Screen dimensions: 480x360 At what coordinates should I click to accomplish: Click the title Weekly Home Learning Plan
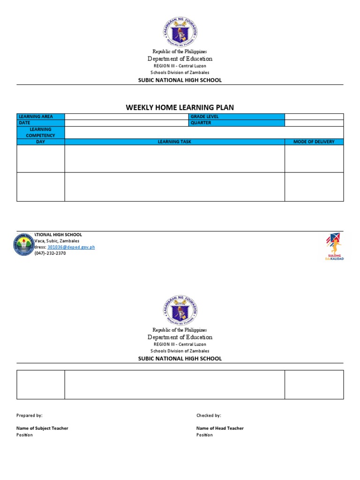(180, 107)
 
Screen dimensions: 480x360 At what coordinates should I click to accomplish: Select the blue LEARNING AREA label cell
(41, 117)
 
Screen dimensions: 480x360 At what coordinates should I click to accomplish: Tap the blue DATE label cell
(41, 123)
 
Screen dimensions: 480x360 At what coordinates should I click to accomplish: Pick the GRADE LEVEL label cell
(237, 117)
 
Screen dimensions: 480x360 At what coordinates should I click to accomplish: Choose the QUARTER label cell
(237, 123)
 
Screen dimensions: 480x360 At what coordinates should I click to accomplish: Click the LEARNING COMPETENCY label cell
(41, 132)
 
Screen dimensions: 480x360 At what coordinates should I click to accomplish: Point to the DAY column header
(41, 142)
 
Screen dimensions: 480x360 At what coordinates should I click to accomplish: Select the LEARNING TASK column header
(174, 142)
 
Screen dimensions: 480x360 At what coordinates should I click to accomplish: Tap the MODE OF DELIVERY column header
(314, 142)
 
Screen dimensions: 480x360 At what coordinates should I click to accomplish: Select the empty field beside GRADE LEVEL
(314, 117)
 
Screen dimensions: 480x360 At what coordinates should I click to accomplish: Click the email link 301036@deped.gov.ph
(71, 247)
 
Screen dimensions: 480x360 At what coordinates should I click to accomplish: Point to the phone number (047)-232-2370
(50, 253)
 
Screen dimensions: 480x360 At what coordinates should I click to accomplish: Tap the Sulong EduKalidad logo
(335, 247)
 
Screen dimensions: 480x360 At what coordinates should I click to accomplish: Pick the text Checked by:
(209, 415)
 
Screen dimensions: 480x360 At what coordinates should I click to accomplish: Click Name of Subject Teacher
(42, 428)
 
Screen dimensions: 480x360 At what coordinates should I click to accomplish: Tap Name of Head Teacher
(220, 428)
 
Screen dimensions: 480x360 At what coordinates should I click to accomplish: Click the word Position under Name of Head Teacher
(204, 435)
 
